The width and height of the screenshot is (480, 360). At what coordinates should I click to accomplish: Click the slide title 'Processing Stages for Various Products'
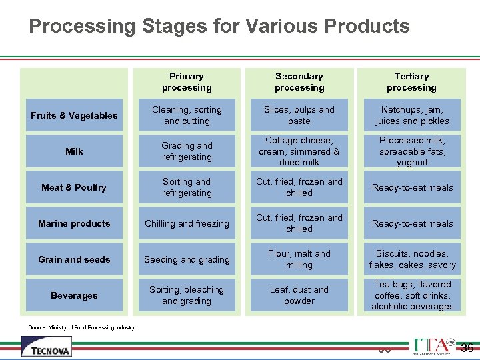219,26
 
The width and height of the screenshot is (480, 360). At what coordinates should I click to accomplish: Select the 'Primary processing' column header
187,82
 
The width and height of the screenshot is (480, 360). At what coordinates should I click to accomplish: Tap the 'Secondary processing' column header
299,82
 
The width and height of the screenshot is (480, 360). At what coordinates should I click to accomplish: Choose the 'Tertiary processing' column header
411,82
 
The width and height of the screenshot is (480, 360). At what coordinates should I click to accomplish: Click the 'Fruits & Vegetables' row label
74,115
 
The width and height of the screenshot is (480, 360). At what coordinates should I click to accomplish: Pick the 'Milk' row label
74,151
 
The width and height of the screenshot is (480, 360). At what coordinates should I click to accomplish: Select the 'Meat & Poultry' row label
74,187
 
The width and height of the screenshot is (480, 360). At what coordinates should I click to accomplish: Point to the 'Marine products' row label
74,223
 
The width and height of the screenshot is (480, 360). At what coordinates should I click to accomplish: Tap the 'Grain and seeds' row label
74,259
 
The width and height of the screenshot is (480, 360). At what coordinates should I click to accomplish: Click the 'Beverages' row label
74,295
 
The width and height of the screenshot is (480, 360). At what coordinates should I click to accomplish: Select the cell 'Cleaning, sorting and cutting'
187,115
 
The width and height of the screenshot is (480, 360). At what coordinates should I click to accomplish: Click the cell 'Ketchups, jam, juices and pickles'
411,115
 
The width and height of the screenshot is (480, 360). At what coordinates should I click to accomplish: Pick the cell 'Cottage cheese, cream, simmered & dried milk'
299,151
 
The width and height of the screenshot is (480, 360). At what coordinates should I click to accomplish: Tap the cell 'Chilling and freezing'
187,223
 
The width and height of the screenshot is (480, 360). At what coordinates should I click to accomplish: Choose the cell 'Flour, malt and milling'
299,259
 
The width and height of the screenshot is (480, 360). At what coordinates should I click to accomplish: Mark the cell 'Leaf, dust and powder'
299,295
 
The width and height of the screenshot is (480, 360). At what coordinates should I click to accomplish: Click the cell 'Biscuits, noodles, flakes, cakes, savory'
411,259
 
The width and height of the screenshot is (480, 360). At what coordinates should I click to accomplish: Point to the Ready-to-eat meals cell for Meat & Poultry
411,187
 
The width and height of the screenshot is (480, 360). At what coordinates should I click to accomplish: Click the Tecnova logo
47,346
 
